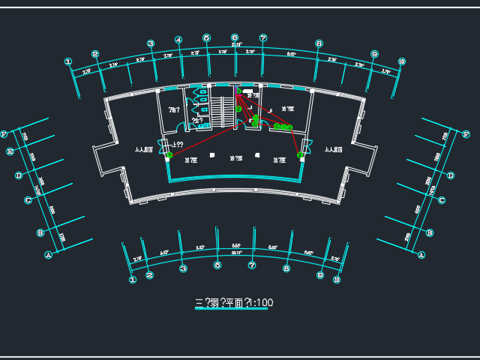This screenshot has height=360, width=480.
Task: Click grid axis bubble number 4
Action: (178, 40)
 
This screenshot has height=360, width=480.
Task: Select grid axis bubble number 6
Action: (235, 37)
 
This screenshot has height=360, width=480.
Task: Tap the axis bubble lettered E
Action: (10, 151)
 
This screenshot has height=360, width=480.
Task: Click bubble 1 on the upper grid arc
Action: (68, 62)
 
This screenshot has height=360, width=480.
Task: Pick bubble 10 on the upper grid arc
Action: (402, 61)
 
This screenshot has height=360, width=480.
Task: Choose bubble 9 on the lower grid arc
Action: (320, 275)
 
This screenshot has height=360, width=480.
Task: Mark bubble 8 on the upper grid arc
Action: (319, 44)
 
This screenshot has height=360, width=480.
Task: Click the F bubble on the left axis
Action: (4, 134)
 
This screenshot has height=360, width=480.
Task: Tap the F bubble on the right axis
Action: (466, 135)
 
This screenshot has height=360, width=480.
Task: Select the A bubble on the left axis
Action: (49, 255)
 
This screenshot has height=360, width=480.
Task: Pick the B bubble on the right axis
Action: (430, 233)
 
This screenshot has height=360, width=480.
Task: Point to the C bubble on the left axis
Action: (28, 199)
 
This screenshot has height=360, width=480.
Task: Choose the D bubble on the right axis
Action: (451, 175)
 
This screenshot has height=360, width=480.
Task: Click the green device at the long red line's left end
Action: (169, 155)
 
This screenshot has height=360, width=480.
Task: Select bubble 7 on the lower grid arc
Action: (252, 265)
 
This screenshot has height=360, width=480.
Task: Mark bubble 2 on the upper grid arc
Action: (95, 54)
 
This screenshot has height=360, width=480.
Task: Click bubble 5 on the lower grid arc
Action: (217, 265)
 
